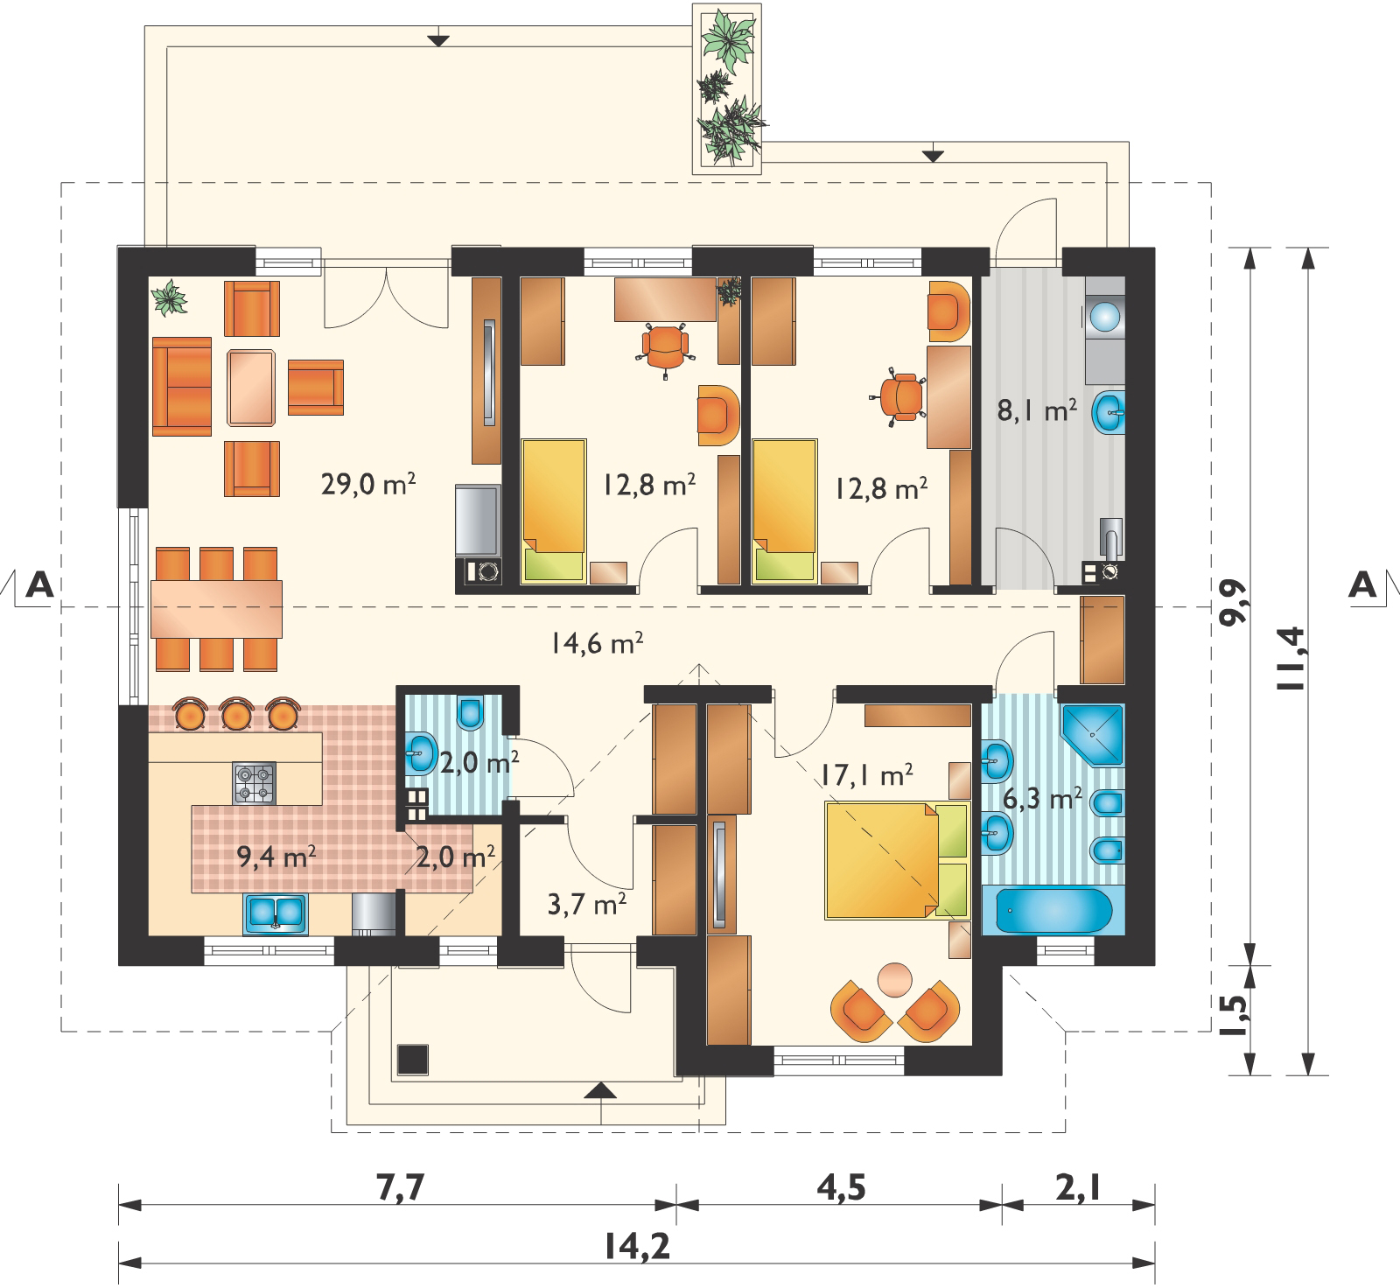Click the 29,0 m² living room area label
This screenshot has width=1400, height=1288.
tap(367, 484)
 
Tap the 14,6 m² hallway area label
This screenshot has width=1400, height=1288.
tap(598, 644)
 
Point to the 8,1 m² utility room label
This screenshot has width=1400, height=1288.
tap(1037, 409)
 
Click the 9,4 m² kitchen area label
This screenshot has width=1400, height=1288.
tap(276, 856)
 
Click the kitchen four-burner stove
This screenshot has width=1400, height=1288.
tap(254, 782)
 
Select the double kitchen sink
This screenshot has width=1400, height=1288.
tap(276, 912)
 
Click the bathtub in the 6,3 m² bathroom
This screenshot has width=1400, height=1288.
tap(1047, 910)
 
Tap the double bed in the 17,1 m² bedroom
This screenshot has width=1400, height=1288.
tap(896, 861)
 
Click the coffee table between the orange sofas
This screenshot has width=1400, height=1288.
tap(253, 387)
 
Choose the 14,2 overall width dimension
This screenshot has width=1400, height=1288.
tap(636, 1246)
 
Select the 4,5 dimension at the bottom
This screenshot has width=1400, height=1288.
tap(840, 1189)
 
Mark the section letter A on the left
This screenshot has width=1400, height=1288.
tap(37, 584)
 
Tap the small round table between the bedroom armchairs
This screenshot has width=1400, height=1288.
tap(895, 977)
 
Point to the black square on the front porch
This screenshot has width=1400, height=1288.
tap(413, 1059)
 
